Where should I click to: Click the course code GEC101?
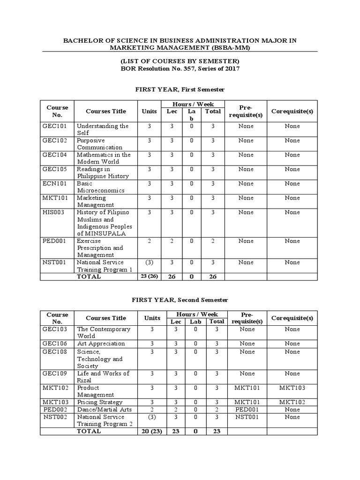[x=54, y=126]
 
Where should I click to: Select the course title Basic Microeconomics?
[x=100, y=187]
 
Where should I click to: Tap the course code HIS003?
[x=53, y=212]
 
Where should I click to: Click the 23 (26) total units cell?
[x=149, y=277]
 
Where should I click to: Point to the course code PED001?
[x=53, y=241]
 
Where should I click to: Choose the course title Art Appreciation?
[x=101, y=344]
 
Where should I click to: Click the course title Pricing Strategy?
[x=99, y=402]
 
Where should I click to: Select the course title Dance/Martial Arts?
[x=104, y=410]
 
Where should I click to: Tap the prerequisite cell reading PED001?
[x=247, y=410]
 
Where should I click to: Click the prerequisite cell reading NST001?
[x=247, y=417]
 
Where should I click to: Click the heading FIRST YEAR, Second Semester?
[x=180, y=300]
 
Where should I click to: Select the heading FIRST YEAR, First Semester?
[x=180, y=89]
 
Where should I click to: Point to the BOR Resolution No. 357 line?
[x=180, y=69]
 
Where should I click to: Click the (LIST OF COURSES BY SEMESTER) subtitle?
[x=180, y=61]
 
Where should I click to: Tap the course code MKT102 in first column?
[x=54, y=388]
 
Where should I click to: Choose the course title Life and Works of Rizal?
[x=103, y=377]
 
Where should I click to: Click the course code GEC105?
[x=54, y=169]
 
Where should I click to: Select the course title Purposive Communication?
[x=99, y=144]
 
